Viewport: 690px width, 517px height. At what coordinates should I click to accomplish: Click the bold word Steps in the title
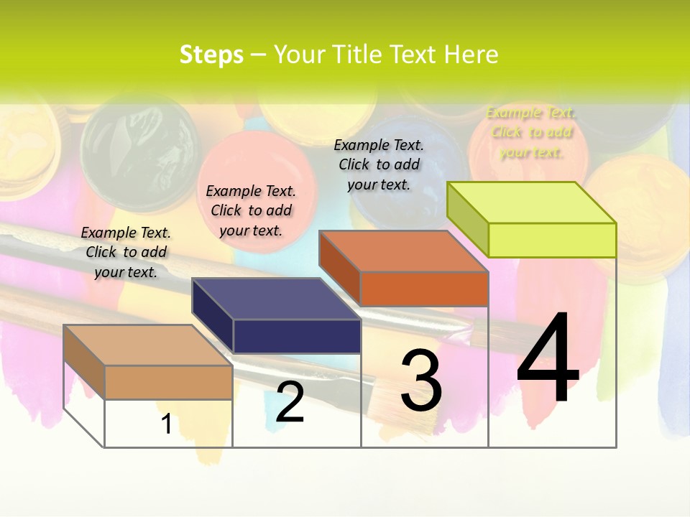pyautogui.click(x=211, y=55)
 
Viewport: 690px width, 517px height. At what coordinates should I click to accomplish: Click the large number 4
pyautogui.click(x=548, y=360)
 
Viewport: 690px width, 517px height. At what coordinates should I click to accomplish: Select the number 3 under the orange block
pyautogui.click(x=420, y=381)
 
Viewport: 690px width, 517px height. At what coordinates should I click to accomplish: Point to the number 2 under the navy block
pyautogui.click(x=290, y=402)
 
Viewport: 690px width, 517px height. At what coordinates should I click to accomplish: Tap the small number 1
pyautogui.click(x=166, y=424)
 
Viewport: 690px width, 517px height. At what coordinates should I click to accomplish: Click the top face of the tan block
pyautogui.click(x=147, y=345)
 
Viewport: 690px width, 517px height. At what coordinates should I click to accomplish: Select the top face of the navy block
pyautogui.click(x=276, y=299)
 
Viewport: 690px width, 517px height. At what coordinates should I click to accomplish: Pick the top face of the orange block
pyautogui.click(x=402, y=251)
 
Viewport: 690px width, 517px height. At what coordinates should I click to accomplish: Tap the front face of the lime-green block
pyautogui.click(x=552, y=240)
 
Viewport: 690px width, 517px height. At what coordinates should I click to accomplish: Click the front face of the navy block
pyautogui.click(x=297, y=336)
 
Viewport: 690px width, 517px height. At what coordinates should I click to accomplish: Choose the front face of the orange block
pyautogui.click(x=424, y=289)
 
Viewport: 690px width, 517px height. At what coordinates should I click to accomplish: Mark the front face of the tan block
pyautogui.click(x=168, y=382)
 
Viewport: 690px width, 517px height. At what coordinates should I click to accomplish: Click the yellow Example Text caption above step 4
pyautogui.click(x=530, y=132)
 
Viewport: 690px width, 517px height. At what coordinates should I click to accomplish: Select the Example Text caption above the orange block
pyautogui.click(x=379, y=164)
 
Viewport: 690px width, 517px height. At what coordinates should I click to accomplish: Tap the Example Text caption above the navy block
pyautogui.click(x=251, y=210)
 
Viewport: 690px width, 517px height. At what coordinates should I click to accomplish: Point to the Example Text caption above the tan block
pyautogui.click(x=126, y=252)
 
